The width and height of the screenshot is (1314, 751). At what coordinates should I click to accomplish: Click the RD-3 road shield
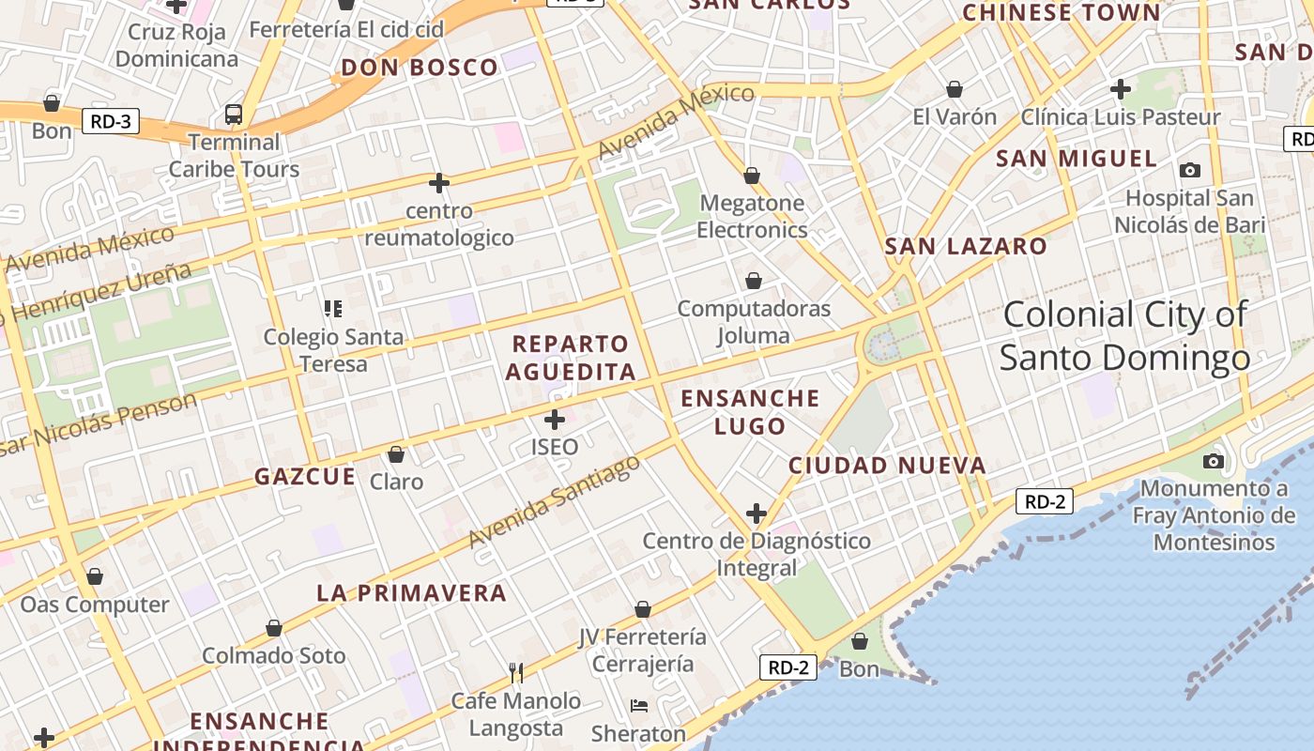[111, 121]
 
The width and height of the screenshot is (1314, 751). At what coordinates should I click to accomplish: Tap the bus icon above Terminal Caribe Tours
[234, 115]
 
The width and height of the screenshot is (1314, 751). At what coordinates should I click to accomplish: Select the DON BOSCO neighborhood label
[420, 68]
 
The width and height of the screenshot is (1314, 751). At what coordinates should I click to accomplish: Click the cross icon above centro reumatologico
[438, 182]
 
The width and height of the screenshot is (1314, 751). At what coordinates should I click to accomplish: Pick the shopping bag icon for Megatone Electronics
[751, 176]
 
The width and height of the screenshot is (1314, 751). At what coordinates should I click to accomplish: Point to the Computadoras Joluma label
[754, 322]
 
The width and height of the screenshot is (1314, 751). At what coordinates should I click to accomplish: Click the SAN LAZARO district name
[966, 247]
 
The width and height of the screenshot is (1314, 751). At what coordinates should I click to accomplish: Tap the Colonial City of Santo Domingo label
[1124, 336]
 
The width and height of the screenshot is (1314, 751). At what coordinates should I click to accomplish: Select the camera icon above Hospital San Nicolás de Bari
[1189, 170]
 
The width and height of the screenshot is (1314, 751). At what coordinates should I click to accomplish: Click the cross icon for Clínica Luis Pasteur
[1120, 89]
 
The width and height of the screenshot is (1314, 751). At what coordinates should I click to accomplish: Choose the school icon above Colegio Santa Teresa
[332, 308]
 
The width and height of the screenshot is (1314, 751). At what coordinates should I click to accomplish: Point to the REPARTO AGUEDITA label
[571, 358]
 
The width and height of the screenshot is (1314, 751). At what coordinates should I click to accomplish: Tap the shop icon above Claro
[396, 454]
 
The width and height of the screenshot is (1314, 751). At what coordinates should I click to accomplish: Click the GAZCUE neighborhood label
[305, 477]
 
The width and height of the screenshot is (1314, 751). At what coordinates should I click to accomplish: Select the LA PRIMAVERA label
[411, 593]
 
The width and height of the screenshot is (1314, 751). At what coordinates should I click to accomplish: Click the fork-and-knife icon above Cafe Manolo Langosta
[515, 672]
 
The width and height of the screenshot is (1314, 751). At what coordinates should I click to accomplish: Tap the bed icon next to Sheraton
[639, 706]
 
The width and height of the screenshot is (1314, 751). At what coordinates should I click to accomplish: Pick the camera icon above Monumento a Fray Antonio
[1214, 461]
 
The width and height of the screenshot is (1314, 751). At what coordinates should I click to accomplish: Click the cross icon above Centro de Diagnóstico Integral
[756, 513]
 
